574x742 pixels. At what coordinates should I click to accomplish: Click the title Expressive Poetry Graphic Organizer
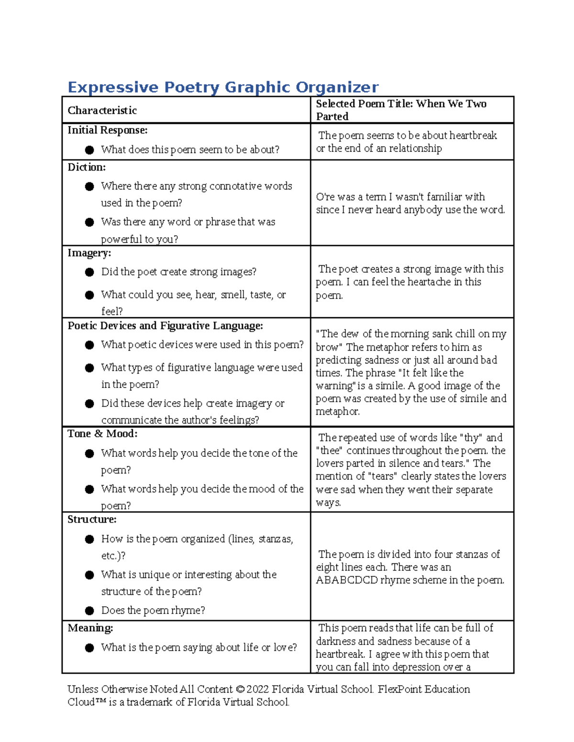(x=223, y=87)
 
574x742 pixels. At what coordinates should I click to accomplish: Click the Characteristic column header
(x=102, y=110)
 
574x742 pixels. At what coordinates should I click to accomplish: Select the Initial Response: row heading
(x=108, y=130)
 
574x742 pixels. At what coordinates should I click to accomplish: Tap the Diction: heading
(x=87, y=167)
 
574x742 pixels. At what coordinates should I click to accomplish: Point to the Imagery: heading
(x=89, y=253)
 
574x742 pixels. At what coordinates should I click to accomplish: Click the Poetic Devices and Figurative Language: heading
(x=165, y=326)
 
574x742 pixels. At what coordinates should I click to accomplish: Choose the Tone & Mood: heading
(x=102, y=434)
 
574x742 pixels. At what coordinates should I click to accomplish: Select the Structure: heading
(x=92, y=519)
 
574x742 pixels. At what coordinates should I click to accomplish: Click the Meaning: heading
(x=90, y=628)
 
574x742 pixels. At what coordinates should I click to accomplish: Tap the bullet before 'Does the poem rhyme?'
(x=89, y=611)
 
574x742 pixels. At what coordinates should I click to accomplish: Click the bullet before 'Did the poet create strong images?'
(x=89, y=272)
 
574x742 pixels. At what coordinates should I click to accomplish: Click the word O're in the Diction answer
(x=325, y=197)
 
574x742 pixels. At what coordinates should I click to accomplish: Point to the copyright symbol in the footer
(x=240, y=689)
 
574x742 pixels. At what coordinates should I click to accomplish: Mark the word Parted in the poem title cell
(x=332, y=117)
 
